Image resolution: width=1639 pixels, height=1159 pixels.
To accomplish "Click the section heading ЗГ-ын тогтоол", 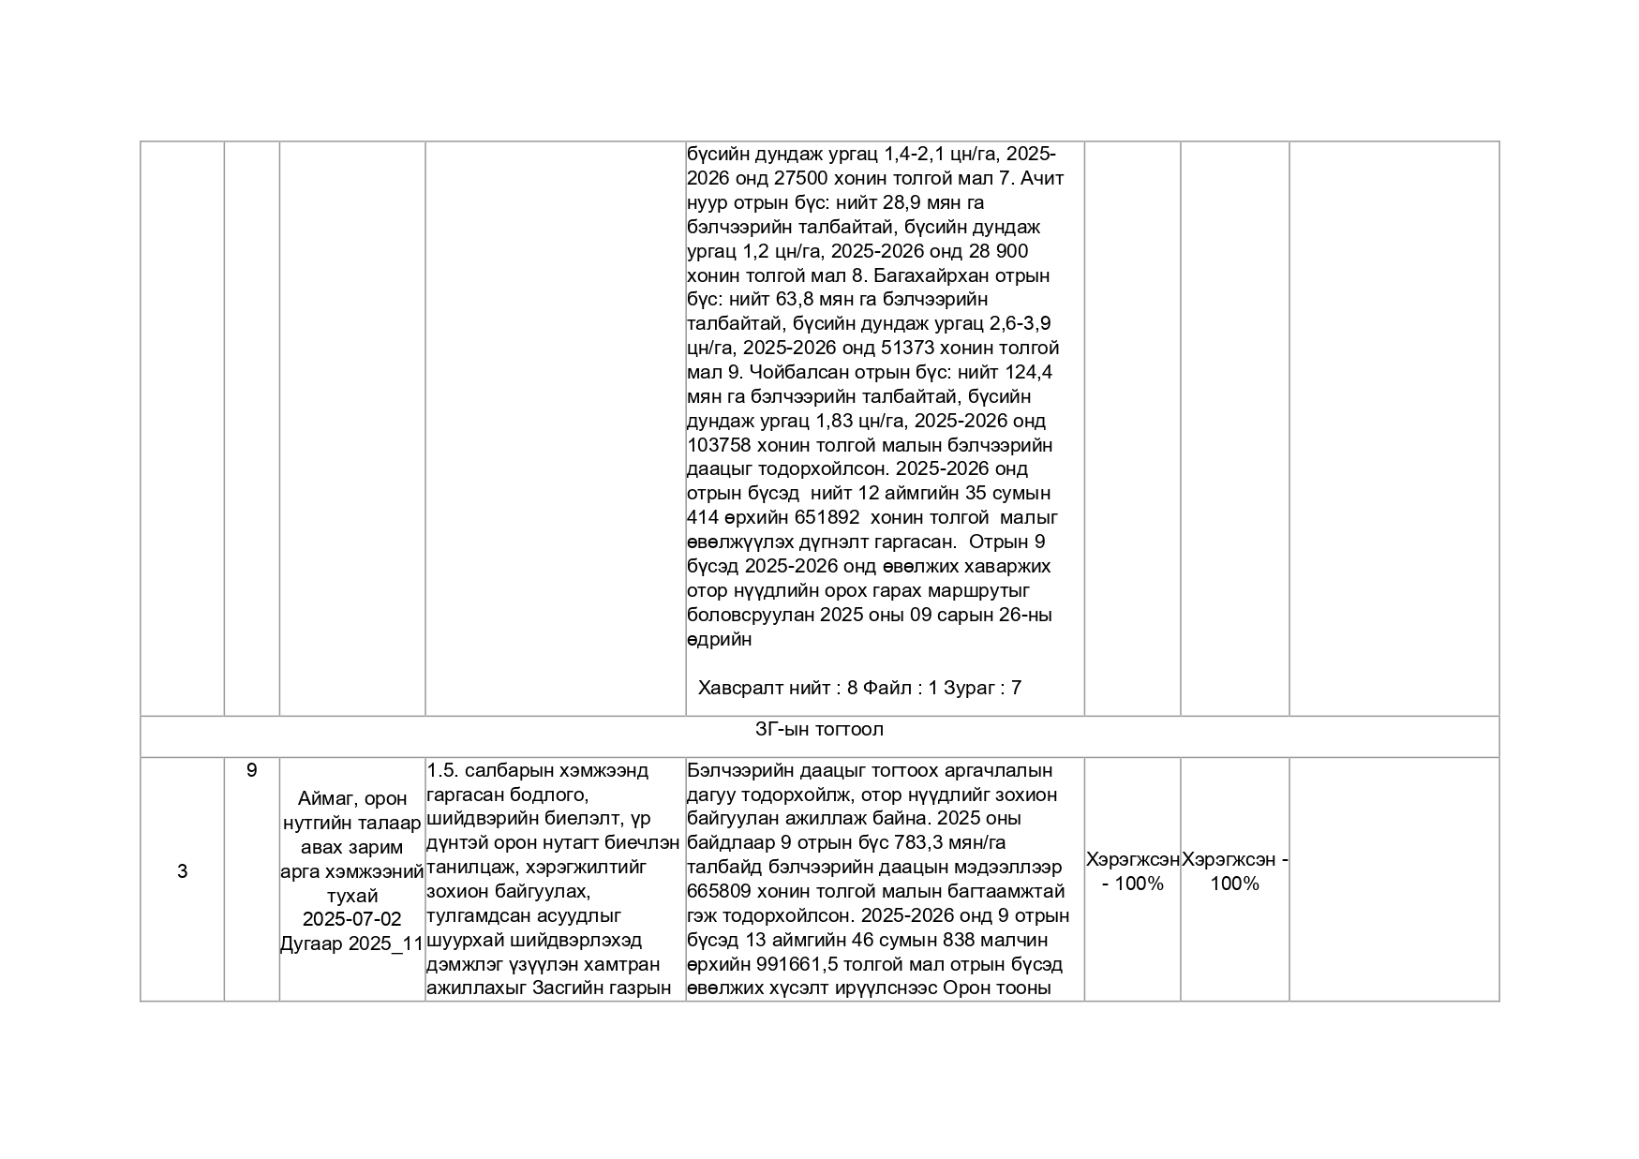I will pos(819,729).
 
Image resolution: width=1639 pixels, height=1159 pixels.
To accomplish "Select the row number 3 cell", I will pos(182,871).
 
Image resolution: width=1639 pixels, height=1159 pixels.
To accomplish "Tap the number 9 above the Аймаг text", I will pos(251,770).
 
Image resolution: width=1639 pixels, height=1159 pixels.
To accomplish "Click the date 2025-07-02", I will pos(351,919).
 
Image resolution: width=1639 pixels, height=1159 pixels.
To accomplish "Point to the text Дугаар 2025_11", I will pos(351,944).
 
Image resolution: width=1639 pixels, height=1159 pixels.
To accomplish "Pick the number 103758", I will pos(719,445).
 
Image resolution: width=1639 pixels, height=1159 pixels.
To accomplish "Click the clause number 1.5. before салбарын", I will pos(442,770).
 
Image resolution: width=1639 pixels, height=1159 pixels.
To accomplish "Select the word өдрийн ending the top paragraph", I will pos(719,640).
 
